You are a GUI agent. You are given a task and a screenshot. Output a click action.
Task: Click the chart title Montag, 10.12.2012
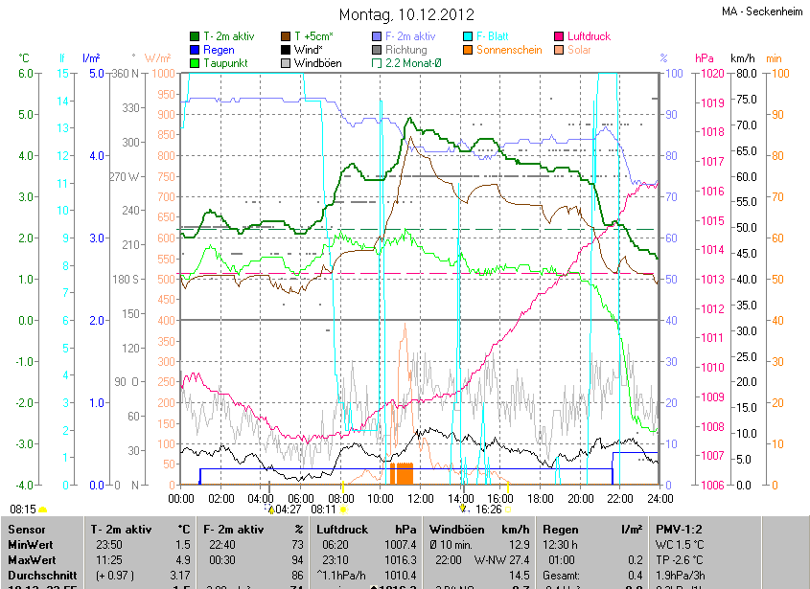(x=405, y=14)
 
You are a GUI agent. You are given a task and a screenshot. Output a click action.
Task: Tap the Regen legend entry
(x=219, y=49)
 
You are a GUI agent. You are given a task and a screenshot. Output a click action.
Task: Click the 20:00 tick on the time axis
(x=580, y=498)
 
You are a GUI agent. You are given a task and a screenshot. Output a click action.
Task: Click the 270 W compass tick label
(x=125, y=176)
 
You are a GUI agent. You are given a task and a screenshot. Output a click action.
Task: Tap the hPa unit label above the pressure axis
(x=705, y=58)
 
